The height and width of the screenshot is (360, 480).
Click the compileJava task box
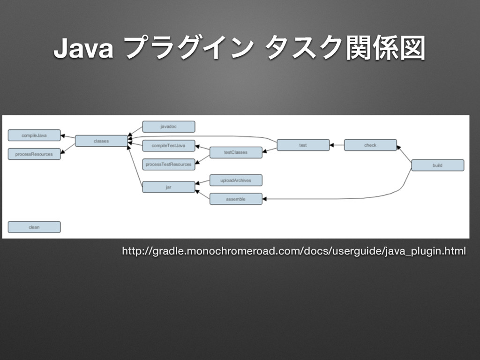click(34, 135)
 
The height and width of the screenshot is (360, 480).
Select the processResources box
click(34, 154)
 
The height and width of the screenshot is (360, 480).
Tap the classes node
click(101, 141)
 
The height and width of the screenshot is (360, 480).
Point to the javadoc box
click(168, 127)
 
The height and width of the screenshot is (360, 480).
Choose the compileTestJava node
click(168, 146)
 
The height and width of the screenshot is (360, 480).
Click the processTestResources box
click(168, 164)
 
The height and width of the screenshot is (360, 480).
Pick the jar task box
click(168, 187)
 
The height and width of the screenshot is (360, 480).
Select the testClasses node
click(235, 152)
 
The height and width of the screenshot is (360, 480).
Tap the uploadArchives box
click(235, 180)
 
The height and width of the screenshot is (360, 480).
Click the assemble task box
click(235, 199)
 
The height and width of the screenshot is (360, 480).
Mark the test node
click(303, 145)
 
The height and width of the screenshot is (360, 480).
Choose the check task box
click(370, 145)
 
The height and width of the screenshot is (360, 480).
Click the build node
click(437, 165)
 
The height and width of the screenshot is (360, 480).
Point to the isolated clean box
click(34, 227)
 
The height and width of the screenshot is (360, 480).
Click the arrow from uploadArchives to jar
click(202, 183)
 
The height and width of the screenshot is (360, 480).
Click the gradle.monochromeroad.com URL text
click(294, 252)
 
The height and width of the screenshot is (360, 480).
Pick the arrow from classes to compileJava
click(68, 137)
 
